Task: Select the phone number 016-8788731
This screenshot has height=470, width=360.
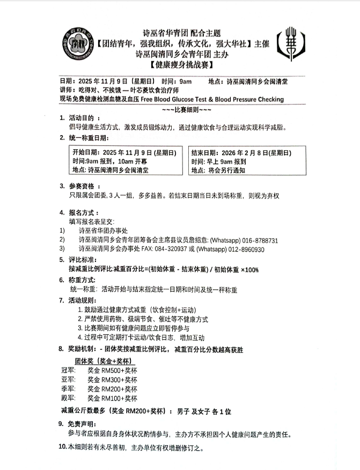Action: click(x=259, y=240)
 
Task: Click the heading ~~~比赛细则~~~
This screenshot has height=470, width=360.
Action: click(x=180, y=109)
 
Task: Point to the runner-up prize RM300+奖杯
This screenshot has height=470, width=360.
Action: click(x=112, y=379)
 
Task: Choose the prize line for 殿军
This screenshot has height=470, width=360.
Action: click(x=99, y=399)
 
